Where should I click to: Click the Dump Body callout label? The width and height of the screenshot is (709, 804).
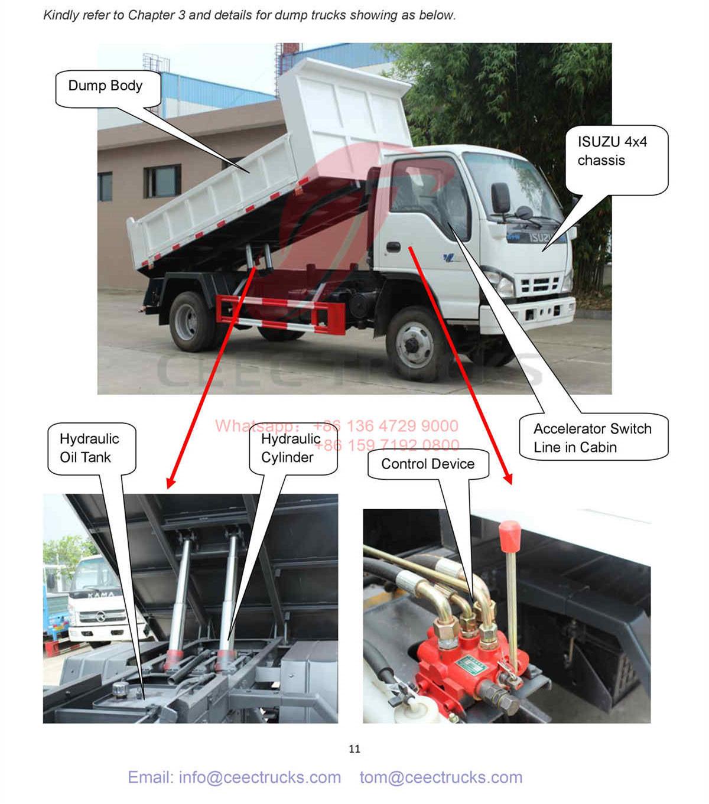[x=105, y=87]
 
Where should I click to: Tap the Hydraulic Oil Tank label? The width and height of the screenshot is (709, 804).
[x=89, y=448]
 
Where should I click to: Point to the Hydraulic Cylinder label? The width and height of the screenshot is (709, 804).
[x=290, y=448]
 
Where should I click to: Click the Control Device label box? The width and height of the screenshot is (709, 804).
[x=428, y=464]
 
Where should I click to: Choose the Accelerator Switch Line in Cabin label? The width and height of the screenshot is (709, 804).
[x=592, y=438]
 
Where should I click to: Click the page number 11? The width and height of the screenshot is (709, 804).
[x=354, y=749]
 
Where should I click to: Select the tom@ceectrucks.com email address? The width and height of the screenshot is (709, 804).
[x=441, y=777]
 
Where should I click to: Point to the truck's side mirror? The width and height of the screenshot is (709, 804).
[x=501, y=198]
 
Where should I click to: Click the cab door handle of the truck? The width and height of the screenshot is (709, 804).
[x=392, y=248]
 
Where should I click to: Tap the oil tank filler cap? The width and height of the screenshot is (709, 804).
[x=121, y=688]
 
